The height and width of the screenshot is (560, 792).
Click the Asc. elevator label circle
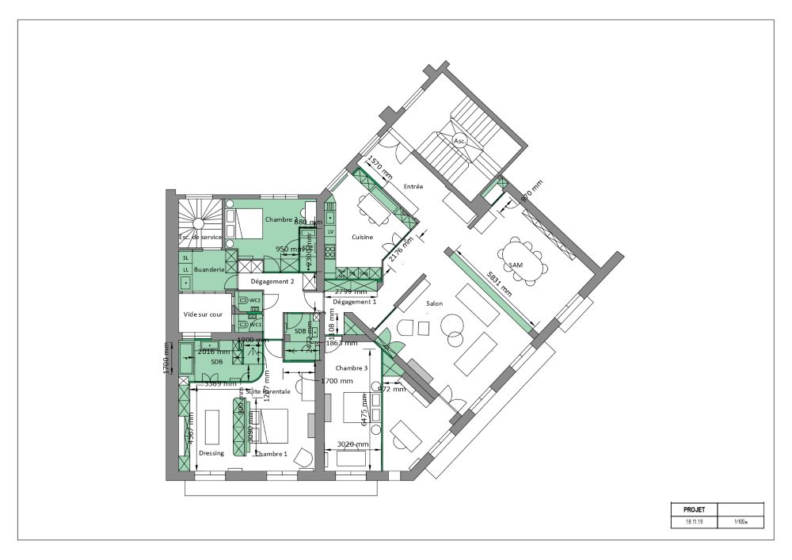[x=459, y=141]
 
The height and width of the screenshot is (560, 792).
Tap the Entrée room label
[x=413, y=187]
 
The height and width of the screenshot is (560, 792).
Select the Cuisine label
[x=363, y=237]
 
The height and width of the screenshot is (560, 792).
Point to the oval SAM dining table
[x=524, y=260]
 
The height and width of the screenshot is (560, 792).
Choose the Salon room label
[x=434, y=304]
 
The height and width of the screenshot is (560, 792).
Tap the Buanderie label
[x=210, y=269]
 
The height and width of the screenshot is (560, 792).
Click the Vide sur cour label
[x=202, y=314]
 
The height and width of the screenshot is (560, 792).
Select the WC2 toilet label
[x=255, y=301]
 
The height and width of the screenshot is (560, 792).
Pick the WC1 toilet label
[x=255, y=325]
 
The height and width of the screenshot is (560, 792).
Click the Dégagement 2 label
[x=272, y=281]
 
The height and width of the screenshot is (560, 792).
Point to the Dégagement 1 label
[x=354, y=302]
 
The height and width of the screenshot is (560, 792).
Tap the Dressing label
[x=211, y=453]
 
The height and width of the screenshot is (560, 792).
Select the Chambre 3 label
[x=352, y=368]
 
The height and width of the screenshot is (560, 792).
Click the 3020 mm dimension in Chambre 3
[x=353, y=444]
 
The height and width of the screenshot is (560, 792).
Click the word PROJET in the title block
[x=683, y=509]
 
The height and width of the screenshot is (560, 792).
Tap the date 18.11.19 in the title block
[x=683, y=523]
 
